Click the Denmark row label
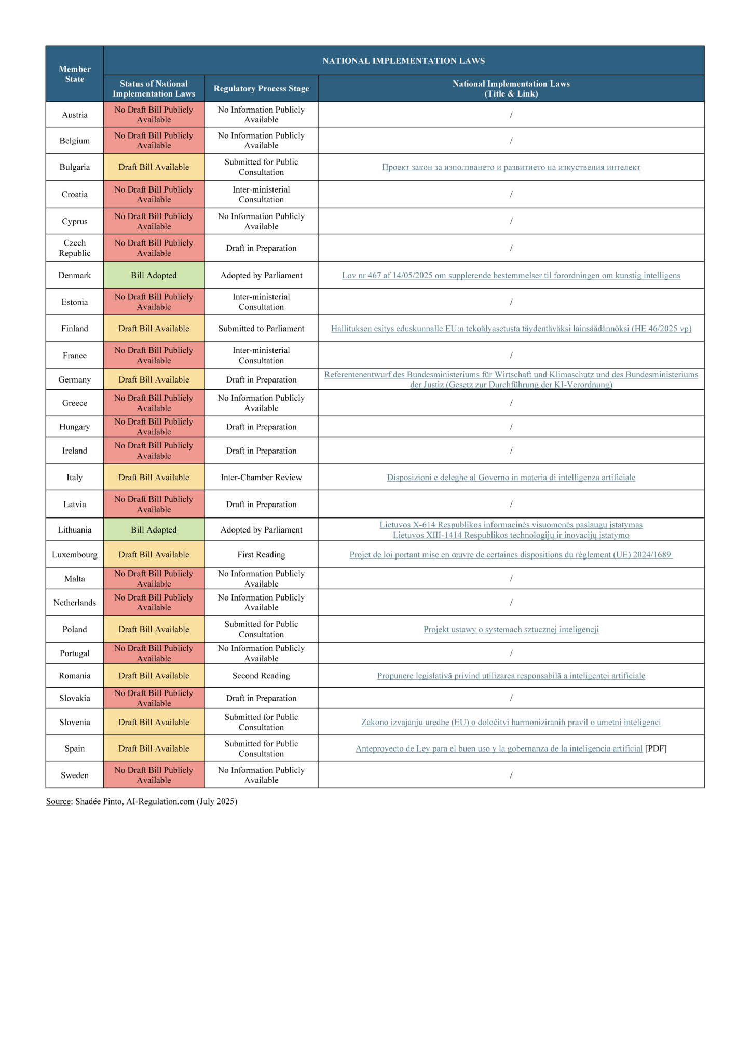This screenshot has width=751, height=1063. pos(74,275)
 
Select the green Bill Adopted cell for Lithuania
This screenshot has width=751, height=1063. pos(154,529)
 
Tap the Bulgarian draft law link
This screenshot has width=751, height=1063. pos(511,167)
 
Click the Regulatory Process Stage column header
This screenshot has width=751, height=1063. pos(261,88)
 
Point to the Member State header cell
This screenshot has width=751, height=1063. pos(74,74)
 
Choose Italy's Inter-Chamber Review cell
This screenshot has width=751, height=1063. pos(261,477)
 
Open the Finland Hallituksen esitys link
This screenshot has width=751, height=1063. pos(511,328)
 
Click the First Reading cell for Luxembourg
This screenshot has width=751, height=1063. pos(261,554)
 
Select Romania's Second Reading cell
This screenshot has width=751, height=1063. pos(261,675)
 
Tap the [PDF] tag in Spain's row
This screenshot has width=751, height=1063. pos(656,748)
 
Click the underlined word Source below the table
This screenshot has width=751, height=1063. pos(58,801)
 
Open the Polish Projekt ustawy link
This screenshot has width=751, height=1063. pos(511,629)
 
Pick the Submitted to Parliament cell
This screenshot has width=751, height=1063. pos(261,328)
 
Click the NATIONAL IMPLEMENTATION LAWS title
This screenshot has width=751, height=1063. pos(403,61)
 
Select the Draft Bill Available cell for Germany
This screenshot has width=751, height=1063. pos(154,379)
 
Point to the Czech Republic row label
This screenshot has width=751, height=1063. pos(74,248)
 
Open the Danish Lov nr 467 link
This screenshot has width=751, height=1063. pos(511,275)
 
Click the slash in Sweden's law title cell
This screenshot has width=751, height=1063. pos(511,775)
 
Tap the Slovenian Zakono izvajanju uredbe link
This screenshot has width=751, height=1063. pos(511,722)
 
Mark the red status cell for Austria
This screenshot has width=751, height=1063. pos(154,114)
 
